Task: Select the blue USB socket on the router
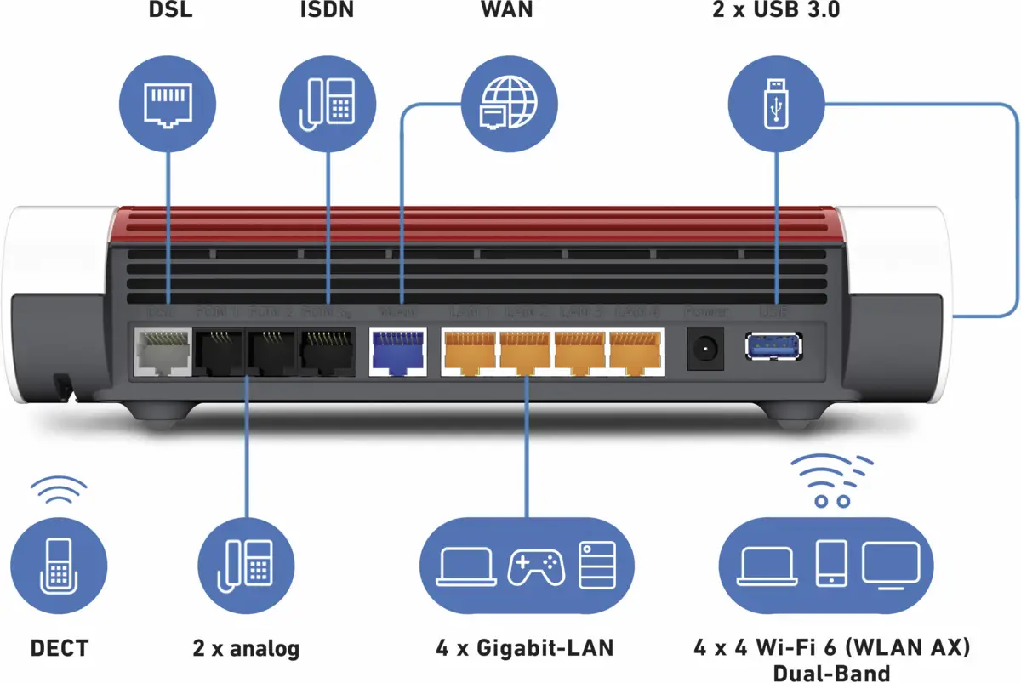pyautogui.click(x=773, y=345)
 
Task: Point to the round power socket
pyautogui.click(x=705, y=349)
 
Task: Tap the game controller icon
pyautogui.click(x=535, y=565)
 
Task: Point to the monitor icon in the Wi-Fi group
pyautogui.click(x=891, y=563)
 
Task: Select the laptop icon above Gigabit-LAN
pyautogui.click(x=466, y=565)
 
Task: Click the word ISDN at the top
pyautogui.click(x=328, y=11)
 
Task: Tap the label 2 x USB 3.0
pyautogui.click(x=776, y=11)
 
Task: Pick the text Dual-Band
pyautogui.click(x=831, y=673)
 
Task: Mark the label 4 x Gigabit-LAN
pyautogui.click(x=525, y=648)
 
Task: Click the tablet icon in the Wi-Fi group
pyautogui.click(x=830, y=563)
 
